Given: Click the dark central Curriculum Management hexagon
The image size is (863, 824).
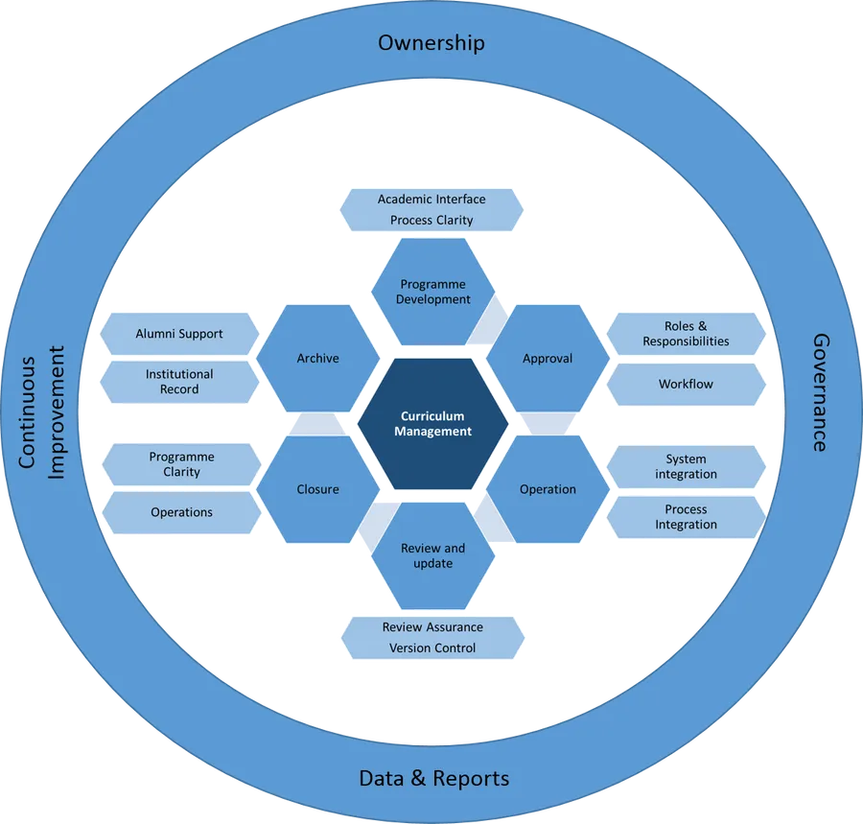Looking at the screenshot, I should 432,424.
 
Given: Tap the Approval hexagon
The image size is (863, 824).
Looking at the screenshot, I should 548,359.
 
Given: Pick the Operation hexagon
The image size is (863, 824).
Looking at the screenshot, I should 548,489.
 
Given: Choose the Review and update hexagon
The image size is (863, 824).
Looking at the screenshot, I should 432,555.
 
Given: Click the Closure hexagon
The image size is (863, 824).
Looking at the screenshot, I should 317,489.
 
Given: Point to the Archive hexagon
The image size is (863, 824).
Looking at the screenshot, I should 317,359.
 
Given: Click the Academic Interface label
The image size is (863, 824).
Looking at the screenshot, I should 431,200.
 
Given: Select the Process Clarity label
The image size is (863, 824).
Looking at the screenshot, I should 431,221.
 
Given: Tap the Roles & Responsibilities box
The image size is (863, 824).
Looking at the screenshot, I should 686,334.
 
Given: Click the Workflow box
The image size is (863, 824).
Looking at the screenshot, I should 686,384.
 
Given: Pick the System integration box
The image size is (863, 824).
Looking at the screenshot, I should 686,466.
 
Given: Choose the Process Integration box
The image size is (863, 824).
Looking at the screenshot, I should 686,517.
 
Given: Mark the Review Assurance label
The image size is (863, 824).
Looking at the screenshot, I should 432,627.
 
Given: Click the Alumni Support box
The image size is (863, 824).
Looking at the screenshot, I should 179,334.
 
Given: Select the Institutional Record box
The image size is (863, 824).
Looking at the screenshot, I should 179,381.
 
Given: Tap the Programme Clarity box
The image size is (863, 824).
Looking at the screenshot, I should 181,464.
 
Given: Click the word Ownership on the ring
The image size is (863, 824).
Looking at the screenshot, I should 431,42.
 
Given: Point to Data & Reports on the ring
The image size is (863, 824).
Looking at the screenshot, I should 433,777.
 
